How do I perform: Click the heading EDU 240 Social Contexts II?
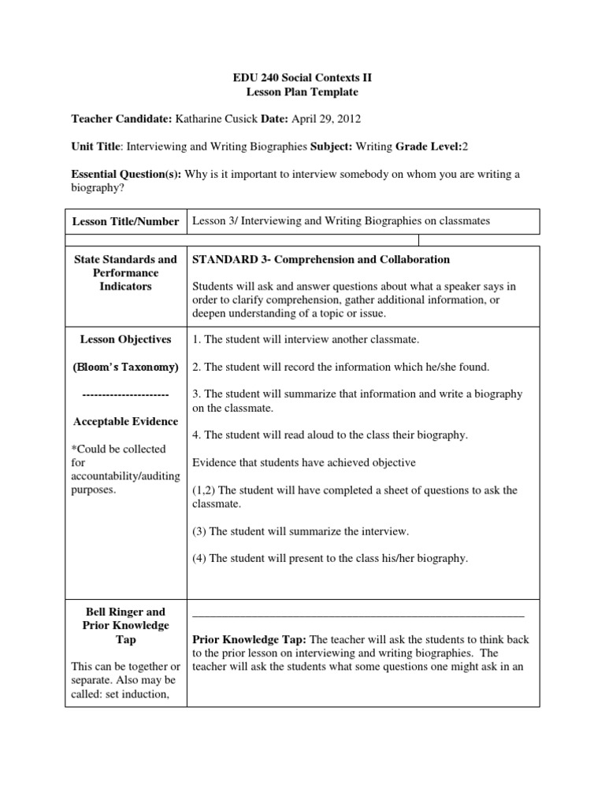(302, 78)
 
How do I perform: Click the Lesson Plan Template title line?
(302, 92)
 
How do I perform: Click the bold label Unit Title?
(96, 146)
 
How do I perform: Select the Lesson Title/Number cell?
(126, 222)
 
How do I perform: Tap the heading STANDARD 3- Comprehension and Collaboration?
(321, 260)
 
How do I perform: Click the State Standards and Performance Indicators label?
(125, 273)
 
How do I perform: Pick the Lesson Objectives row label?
(125, 339)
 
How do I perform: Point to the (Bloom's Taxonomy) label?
(125, 367)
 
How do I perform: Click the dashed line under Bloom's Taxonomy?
(125, 394)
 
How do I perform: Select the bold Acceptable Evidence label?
(125, 422)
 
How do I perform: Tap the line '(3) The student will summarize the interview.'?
(300, 531)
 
